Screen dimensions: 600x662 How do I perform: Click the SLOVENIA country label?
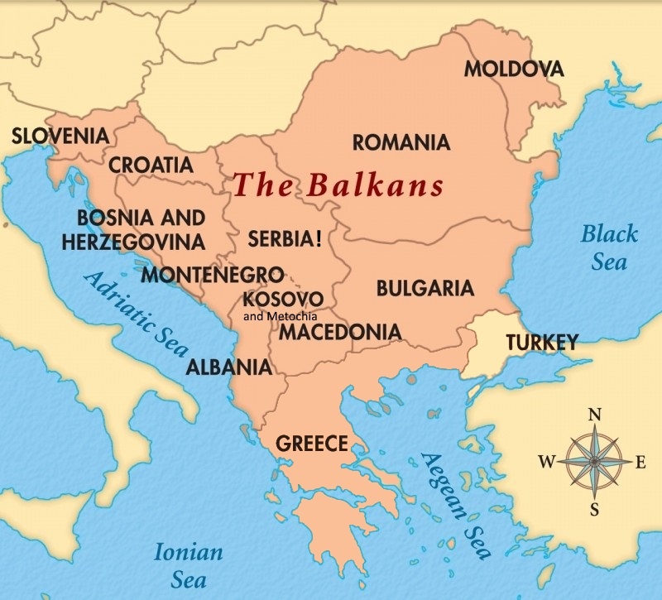point(60,135)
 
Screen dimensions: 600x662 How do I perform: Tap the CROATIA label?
point(151,165)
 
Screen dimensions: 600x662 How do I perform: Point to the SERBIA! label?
point(285,240)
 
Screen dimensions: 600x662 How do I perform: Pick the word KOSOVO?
point(284,298)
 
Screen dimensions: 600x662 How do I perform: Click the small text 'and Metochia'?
point(281,315)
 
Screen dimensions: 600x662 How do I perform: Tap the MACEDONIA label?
point(339,332)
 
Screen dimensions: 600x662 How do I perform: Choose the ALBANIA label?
point(228,367)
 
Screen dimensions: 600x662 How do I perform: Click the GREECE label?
point(312,444)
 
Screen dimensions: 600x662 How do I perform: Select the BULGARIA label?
point(425,288)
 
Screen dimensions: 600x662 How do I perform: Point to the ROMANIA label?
point(401,142)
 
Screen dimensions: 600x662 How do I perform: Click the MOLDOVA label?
point(513,69)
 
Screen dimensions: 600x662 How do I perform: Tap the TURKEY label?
point(541,341)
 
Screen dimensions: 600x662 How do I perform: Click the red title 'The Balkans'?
point(338,185)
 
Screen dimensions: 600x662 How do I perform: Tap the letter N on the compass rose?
point(593,415)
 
